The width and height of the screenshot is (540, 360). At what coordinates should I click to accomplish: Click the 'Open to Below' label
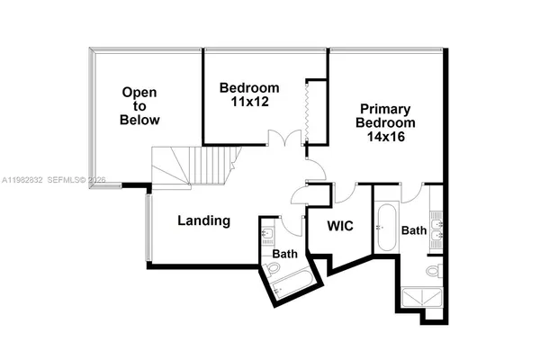point(140,105)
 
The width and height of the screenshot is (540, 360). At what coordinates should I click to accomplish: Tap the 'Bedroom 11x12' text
point(249,95)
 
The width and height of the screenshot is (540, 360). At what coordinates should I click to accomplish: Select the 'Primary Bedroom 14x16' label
point(385,122)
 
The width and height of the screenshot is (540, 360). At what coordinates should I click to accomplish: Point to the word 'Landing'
point(203,220)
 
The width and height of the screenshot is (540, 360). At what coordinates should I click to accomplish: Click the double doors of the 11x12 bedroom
point(286,139)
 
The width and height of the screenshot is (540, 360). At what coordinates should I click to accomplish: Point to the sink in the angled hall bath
point(268,237)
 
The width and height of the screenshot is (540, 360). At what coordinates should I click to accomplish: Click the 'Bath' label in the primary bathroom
point(413,230)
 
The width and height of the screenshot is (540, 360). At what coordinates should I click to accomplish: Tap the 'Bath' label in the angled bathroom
point(285,254)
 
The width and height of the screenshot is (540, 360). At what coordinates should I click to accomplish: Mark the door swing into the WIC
point(344,193)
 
